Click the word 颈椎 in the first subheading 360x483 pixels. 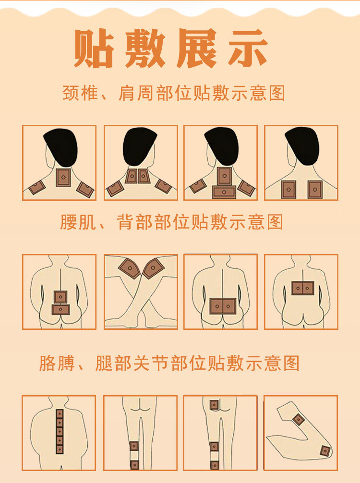click(x=81, y=93)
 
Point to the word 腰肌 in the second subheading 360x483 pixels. click(x=78, y=222)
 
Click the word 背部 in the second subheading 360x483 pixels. click(x=135, y=222)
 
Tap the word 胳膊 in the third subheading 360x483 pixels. click(x=57, y=363)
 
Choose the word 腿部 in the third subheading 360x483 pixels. click(x=114, y=363)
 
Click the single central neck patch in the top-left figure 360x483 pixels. click(x=63, y=178)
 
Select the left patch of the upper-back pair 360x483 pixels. click(x=288, y=190)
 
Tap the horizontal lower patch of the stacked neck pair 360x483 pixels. click(x=224, y=192)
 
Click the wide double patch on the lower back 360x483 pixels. click(x=223, y=306)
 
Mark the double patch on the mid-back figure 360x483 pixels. click(x=303, y=288)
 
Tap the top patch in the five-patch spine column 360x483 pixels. click(x=60, y=414)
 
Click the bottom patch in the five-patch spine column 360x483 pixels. click(x=60, y=449)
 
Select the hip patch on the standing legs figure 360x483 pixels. click(x=214, y=405)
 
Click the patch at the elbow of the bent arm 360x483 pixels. click(x=325, y=451)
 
